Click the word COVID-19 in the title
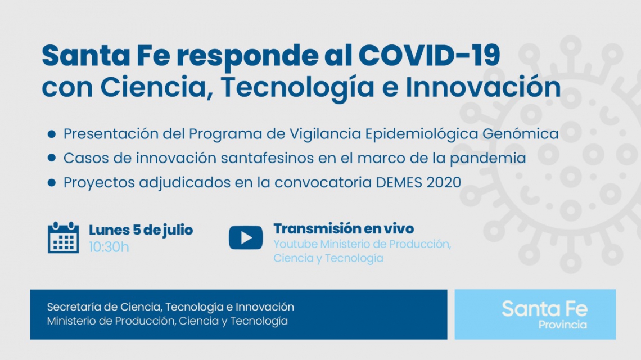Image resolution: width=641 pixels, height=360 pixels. click(429, 55)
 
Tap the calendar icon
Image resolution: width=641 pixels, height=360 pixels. click(64, 237)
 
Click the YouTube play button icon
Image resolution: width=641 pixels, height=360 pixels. click(246, 238)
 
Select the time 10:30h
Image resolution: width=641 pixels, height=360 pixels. click(109, 247)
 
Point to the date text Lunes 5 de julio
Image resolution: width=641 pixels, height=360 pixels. click(141, 230)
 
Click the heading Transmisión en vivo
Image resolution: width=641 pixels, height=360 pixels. click(344, 228)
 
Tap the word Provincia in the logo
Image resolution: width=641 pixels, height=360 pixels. click(562, 325)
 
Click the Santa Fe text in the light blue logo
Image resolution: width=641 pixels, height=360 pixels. click(544, 309)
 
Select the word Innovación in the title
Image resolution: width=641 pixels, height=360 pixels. click(483, 87)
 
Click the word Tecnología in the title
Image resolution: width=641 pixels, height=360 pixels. click(297, 88)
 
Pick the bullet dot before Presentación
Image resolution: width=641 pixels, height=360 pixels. click(52, 134)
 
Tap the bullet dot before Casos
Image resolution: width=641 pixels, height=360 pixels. click(52, 158)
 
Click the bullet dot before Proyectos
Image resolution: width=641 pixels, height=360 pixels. click(52, 182)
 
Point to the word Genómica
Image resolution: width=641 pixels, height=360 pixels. click(521, 134)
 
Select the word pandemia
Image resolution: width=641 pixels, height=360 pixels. click(487, 159)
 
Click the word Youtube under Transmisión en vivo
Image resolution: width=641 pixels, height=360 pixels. click(295, 244)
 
